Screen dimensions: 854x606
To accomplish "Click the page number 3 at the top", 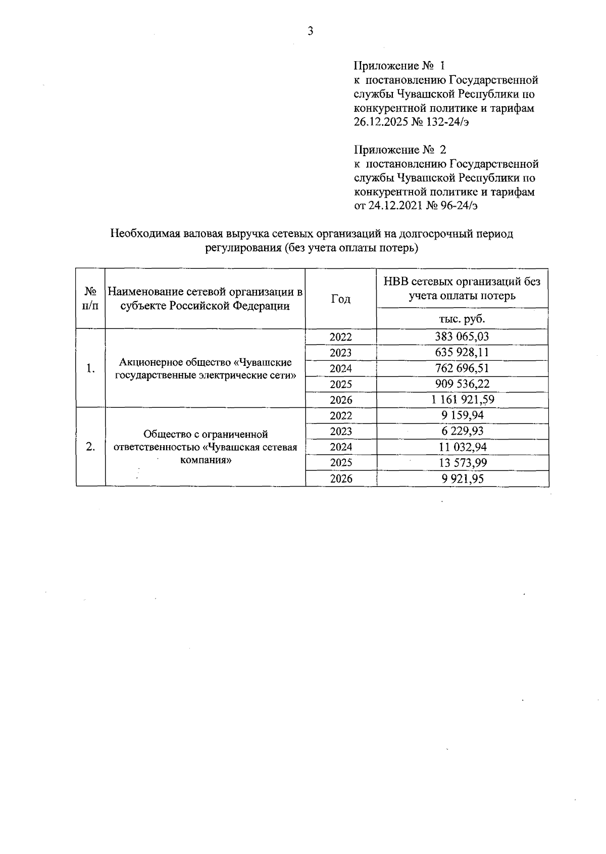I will pyautogui.click(x=310, y=31).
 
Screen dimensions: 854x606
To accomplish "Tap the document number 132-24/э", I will pyautogui.click(x=447, y=122).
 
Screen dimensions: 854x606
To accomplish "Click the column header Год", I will pyautogui.click(x=341, y=299).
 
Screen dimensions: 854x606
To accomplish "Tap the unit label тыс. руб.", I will pyautogui.click(x=462, y=319).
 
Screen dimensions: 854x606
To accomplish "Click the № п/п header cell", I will pyautogui.click(x=90, y=299).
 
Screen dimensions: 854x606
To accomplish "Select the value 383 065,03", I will pyautogui.click(x=462, y=337).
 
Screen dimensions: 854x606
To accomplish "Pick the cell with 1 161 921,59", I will pyautogui.click(x=462, y=400).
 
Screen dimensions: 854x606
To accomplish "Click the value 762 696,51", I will pyautogui.click(x=462, y=368).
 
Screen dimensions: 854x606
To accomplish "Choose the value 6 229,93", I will pyautogui.click(x=462, y=431).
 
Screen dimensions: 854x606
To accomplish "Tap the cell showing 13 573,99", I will pyautogui.click(x=462, y=462).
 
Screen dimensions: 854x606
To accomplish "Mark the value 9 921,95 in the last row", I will pyautogui.click(x=462, y=479).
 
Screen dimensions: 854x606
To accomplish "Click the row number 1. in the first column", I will pyautogui.click(x=90, y=368).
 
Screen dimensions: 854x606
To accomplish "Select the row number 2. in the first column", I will pyautogui.click(x=90, y=447).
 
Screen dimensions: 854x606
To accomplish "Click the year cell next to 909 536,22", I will pyautogui.click(x=341, y=384).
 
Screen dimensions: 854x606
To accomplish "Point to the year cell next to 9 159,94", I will pyautogui.click(x=341, y=415).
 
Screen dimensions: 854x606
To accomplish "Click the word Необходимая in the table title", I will pyautogui.click(x=140, y=234).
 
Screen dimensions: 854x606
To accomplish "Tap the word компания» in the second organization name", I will pyautogui.click(x=206, y=460).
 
